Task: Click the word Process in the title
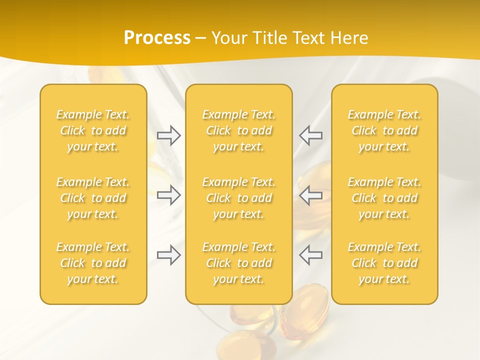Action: coord(157,38)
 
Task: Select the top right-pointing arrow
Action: coord(168,135)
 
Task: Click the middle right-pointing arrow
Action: coord(168,195)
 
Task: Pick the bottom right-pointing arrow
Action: coord(168,254)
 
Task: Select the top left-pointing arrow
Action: coord(311,135)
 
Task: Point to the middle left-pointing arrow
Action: coord(311,195)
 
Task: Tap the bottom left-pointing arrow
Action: coord(311,254)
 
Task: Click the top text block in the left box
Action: coord(93,130)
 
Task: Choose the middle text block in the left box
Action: coord(93,198)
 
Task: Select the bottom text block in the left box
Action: coord(93,263)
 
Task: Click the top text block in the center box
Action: coord(239,130)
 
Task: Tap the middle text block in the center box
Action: coord(239,198)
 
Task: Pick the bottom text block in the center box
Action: coord(239,263)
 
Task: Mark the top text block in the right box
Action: coord(384,130)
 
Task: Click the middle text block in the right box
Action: coord(384,198)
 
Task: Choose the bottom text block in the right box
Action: coord(384,263)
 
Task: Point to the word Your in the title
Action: coord(228,38)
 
